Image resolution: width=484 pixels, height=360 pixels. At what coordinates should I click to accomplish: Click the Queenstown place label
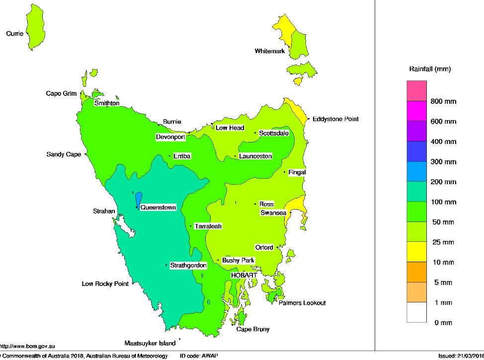(158, 208)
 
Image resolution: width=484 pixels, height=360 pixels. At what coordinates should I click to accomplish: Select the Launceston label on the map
(255, 156)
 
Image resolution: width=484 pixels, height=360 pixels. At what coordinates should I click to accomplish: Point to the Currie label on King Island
(14, 34)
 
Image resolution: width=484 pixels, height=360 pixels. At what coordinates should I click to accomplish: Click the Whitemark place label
(270, 51)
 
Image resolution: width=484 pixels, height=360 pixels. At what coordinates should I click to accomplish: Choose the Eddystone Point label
(335, 119)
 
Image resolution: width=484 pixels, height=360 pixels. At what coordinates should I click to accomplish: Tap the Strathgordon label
(188, 266)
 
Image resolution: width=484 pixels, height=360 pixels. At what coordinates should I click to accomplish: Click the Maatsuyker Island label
(150, 344)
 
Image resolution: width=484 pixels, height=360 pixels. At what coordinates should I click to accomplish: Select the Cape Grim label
(61, 93)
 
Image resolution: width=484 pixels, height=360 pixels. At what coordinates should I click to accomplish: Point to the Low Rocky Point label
(105, 284)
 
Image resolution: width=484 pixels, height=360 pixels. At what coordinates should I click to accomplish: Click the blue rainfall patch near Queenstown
(139, 199)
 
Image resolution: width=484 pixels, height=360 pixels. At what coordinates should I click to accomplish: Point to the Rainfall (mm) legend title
(430, 70)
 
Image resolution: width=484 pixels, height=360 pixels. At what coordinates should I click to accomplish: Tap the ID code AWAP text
(199, 356)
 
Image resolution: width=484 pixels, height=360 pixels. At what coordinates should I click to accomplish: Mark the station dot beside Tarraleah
(191, 226)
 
